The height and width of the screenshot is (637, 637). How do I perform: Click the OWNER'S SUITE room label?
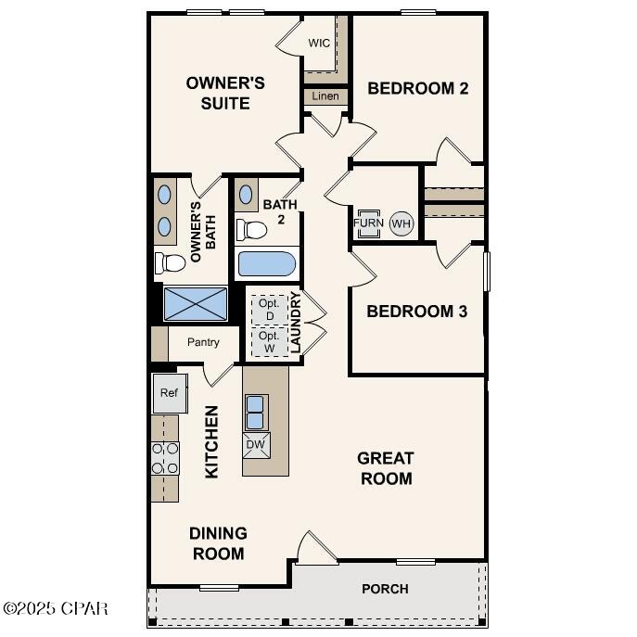225,93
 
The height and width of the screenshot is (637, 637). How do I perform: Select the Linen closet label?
325,96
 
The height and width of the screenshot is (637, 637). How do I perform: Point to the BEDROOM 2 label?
417,89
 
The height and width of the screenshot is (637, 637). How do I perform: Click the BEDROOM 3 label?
416,311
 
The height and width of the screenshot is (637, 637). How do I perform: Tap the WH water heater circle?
401,223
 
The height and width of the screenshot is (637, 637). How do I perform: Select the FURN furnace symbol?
367,223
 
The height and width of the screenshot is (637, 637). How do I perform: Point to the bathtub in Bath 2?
267,264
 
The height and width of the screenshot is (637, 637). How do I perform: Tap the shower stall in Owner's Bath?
196,303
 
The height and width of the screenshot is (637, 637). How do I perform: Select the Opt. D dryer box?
269,309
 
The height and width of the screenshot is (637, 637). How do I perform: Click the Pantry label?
203,342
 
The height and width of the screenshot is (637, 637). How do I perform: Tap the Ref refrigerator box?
169,393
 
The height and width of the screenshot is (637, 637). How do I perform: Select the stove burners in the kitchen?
165,458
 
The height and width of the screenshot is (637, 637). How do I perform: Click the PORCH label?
385,589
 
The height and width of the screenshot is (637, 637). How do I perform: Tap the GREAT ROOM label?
386,468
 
